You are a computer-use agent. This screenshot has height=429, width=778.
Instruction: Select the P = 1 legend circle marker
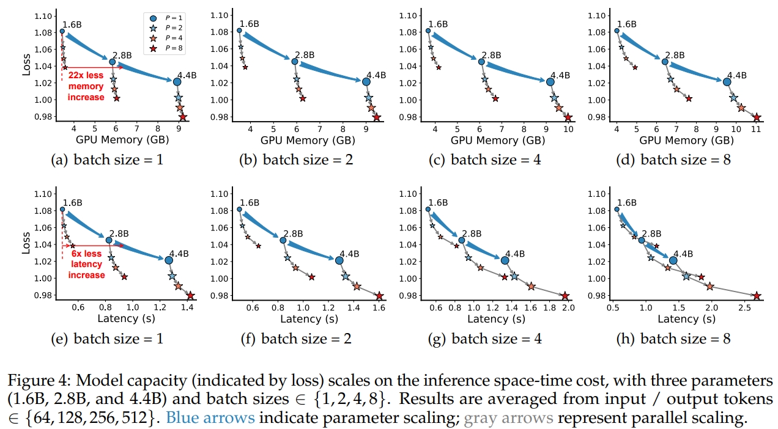153,18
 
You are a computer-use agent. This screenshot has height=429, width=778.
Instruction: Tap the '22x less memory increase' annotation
86,86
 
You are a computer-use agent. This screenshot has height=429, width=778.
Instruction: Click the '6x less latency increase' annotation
86,264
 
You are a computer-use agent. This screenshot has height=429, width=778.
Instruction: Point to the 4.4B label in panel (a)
187,75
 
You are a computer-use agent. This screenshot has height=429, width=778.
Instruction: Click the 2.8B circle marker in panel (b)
295,62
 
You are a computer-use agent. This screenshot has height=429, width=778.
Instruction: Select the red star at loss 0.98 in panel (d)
757,118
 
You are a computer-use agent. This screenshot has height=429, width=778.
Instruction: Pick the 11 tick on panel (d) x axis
756,129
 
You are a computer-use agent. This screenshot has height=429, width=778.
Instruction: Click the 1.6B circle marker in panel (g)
428,209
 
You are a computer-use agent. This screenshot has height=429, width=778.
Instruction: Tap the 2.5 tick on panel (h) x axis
744,308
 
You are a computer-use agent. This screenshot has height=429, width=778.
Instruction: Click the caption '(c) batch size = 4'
485,160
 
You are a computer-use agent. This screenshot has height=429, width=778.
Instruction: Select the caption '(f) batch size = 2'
296,339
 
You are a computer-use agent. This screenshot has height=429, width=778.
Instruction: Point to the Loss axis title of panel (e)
26,243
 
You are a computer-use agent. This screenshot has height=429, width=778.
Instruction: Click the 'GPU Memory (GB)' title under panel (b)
308,140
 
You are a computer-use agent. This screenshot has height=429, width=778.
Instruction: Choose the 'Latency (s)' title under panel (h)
687,318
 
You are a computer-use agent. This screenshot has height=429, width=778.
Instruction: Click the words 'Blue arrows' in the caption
210,417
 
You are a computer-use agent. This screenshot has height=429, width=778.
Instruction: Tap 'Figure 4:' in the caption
39,381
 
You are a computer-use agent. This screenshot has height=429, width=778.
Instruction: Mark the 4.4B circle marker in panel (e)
169,260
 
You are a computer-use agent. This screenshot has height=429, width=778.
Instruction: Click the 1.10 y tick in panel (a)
43,16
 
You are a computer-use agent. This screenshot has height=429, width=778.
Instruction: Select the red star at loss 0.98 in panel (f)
380,296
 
